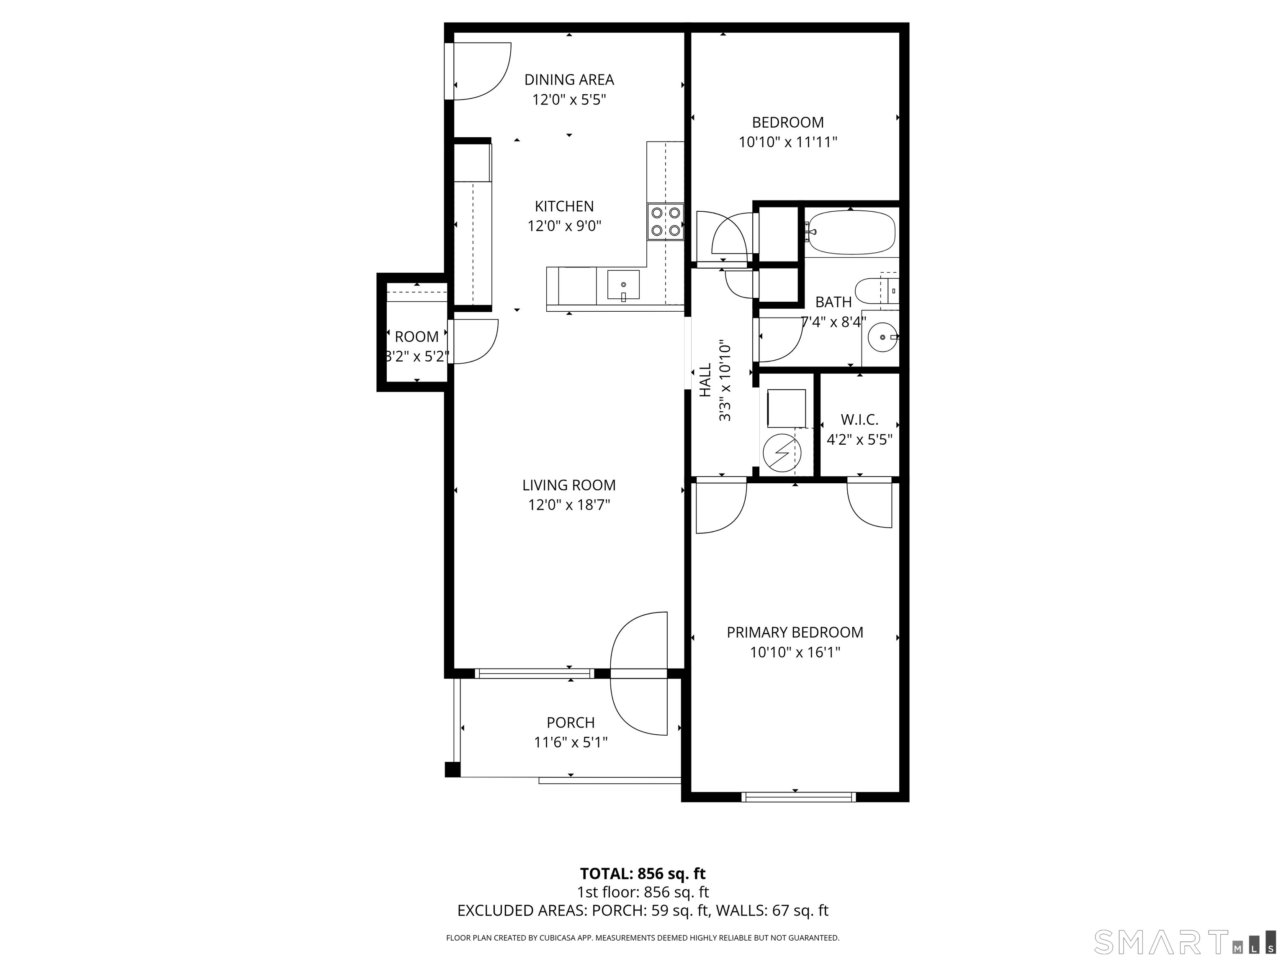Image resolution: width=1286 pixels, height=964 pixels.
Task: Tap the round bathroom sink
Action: point(882,337)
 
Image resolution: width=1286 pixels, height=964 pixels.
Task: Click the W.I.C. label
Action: point(859,420)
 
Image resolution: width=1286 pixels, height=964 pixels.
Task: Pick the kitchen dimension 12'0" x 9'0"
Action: point(564,226)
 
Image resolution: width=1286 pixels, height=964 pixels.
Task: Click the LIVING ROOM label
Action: point(568,485)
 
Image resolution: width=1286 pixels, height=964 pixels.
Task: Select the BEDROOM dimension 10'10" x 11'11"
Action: point(788,142)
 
